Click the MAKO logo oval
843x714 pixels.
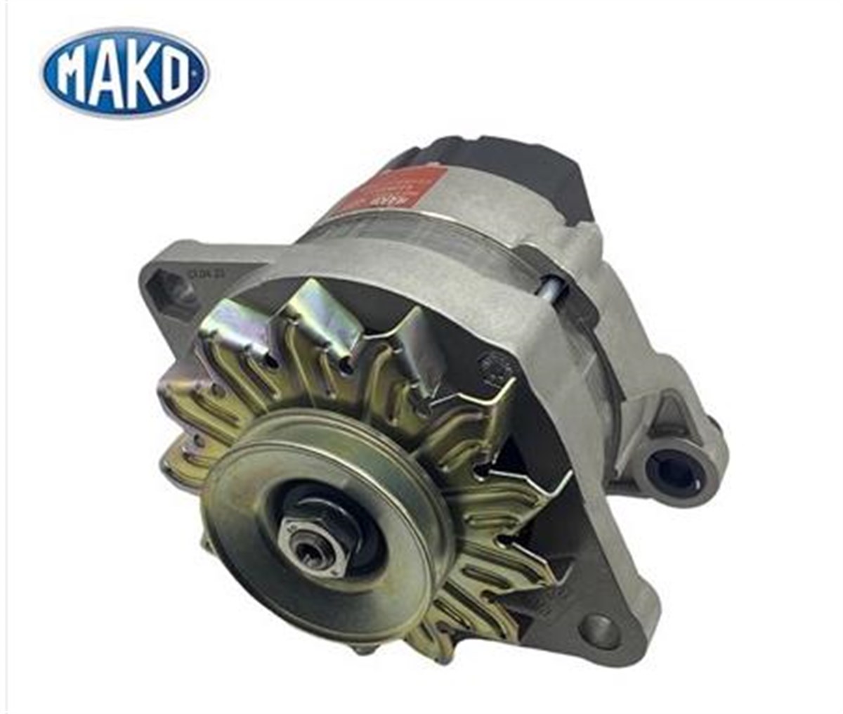click(125, 72)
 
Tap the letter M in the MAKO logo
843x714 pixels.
click(75, 74)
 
